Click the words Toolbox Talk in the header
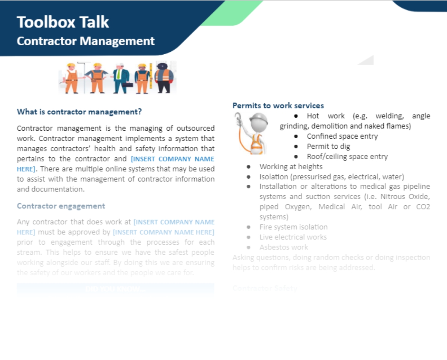pos(63,22)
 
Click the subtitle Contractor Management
pos(85,41)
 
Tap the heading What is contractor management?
pos(79,112)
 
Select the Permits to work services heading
pos(278,106)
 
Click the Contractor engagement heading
pos(61,206)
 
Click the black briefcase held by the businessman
pos(127,85)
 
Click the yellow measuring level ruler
pos(151,75)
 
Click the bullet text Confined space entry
pos(342,136)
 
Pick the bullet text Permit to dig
pos(328,146)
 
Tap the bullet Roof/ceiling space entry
pos(347,157)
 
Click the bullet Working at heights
pos(291,167)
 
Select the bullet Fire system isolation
pos(293,227)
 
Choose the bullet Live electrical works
pos(293,237)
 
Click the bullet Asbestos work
pos(283,247)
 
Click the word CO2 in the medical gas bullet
pos(423,207)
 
